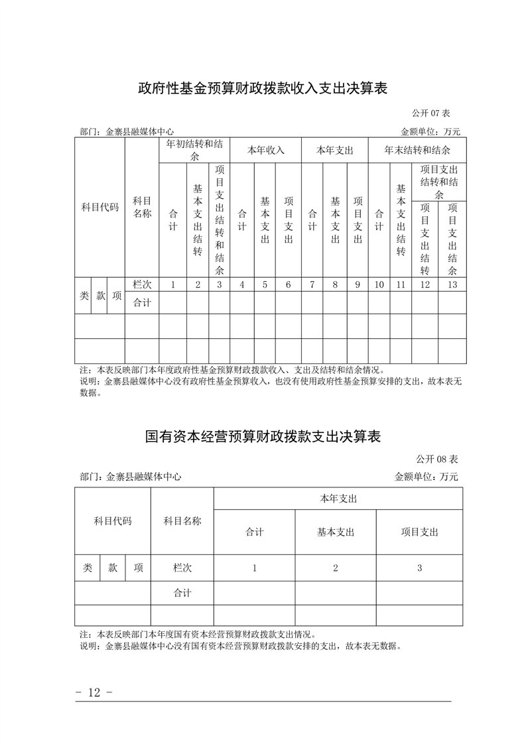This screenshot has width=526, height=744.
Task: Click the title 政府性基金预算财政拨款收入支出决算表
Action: click(x=263, y=88)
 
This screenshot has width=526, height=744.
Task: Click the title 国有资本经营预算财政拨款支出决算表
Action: click(x=263, y=438)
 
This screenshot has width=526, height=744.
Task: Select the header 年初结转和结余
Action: click(x=194, y=150)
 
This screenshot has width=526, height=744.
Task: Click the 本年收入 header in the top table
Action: click(x=266, y=150)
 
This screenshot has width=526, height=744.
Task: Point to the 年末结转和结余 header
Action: click(x=417, y=150)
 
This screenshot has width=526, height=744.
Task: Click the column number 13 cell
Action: click(x=452, y=284)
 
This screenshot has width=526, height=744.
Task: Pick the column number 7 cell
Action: click(x=312, y=284)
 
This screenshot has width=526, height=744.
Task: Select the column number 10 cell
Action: click(x=379, y=284)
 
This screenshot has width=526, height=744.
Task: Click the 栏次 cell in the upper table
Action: click(x=142, y=284)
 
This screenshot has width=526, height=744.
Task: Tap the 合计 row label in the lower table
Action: click(x=182, y=593)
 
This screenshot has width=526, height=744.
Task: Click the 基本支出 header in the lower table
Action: click(x=336, y=532)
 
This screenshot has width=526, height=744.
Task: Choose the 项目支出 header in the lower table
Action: click(x=419, y=532)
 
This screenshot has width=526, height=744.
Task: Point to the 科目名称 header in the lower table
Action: click(x=182, y=521)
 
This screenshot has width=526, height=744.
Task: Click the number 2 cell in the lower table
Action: click(x=336, y=568)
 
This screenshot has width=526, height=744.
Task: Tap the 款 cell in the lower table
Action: click(x=113, y=568)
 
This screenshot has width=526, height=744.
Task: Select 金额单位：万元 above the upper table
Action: click(x=430, y=131)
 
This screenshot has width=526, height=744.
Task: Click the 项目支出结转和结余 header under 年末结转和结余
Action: click(x=439, y=182)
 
